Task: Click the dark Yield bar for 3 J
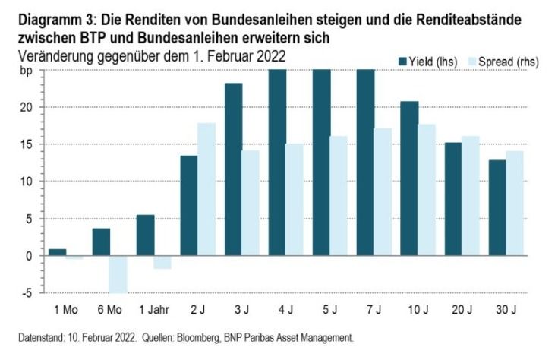coord(233,169)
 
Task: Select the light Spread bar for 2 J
coord(206,189)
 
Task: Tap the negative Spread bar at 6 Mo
coord(118,273)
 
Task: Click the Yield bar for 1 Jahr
coord(145,235)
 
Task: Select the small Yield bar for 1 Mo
coord(57,252)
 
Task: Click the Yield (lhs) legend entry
coord(428,61)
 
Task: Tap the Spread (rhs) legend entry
coord(503,61)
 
